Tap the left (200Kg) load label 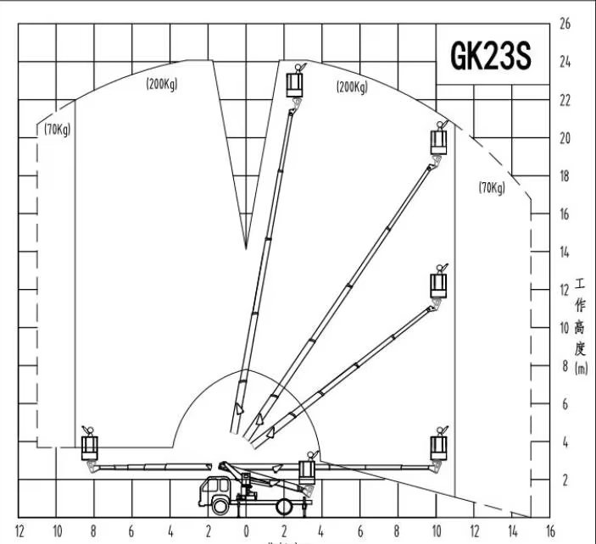pyautogui.click(x=161, y=83)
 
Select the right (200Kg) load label pyautogui.click(x=352, y=86)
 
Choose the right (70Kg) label pyautogui.click(x=492, y=187)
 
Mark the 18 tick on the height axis pyautogui.click(x=565, y=176)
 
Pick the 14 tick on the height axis pyautogui.click(x=565, y=252)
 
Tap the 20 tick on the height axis pyautogui.click(x=565, y=138)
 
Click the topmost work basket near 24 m pyautogui.click(x=295, y=84)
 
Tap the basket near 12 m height pyautogui.click(x=439, y=282)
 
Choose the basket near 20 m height pyautogui.click(x=438, y=139)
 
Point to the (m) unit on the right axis pyautogui.click(x=581, y=368)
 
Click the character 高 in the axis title pyautogui.click(x=581, y=326)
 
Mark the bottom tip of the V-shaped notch pyautogui.click(x=246, y=249)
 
